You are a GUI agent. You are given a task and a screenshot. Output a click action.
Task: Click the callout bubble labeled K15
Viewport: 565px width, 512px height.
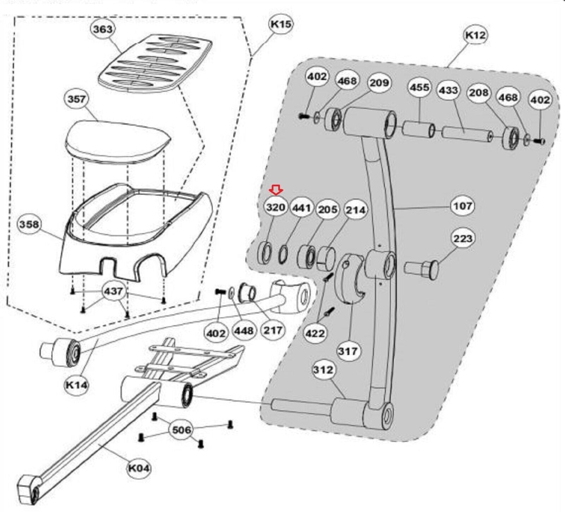tap(281, 24)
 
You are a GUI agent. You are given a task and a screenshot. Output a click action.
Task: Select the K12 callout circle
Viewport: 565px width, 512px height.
tap(476, 35)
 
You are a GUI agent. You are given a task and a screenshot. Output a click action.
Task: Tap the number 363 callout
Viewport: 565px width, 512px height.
tap(103, 29)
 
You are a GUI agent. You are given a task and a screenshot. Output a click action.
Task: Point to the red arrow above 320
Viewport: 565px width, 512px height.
tap(276, 191)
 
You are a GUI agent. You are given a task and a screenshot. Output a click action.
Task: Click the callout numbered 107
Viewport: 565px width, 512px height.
tap(463, 205)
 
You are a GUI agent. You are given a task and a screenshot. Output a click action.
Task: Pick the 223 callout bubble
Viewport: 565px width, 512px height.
tap(463, 239)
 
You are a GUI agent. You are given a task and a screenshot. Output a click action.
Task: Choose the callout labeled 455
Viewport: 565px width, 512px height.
tap(420, 88)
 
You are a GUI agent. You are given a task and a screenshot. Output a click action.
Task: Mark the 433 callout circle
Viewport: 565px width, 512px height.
tap(448, 90)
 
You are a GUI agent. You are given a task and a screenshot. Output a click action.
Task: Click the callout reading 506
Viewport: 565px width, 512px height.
tap(182, 430)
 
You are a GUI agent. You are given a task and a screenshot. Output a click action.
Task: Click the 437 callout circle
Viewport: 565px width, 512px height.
tap(113, 291)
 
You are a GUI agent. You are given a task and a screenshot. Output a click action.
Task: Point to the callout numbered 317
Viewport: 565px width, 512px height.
tap(348, 351)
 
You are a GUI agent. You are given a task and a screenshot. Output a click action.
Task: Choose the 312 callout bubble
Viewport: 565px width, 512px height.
tap(323, 369)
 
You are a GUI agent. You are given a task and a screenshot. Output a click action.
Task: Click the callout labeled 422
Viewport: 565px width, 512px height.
tap(315, 333)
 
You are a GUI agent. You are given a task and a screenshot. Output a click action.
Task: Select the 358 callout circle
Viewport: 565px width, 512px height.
tap(29, 224)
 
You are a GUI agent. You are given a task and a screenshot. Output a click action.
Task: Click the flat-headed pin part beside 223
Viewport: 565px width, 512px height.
tap(422, 270)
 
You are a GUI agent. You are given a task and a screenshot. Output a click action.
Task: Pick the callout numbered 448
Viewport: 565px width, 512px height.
tap(244, 331)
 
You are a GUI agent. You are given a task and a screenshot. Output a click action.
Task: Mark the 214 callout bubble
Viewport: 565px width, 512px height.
tap(356, 210)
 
